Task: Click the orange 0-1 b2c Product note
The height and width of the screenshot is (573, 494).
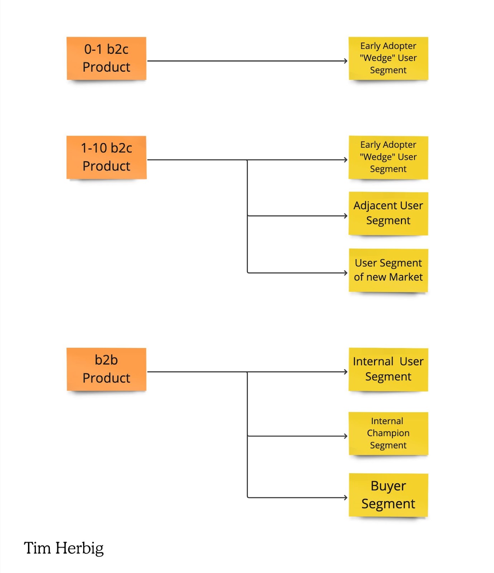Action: (106, 58)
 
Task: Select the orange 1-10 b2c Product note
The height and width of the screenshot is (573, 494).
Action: (106, 157)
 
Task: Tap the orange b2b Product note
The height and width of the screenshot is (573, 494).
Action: (106, 369)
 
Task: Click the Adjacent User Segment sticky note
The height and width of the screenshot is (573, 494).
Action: (388, 213)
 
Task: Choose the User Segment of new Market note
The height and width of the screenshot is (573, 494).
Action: (388, 270)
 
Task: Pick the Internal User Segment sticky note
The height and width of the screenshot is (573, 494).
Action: (388, 369)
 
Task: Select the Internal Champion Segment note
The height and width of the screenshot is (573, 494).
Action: (388, 433)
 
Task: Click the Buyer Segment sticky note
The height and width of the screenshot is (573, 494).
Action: (388, 495)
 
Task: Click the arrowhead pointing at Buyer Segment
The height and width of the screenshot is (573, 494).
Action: (346, 497)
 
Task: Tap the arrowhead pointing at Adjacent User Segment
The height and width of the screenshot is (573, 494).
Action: (346, 216)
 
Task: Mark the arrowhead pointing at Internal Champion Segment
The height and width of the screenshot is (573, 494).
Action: (346, 436)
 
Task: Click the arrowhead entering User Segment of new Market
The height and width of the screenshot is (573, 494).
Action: (346, 273)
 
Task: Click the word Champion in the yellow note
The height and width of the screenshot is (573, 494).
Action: (388, 433)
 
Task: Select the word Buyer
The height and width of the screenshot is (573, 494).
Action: (388, 486)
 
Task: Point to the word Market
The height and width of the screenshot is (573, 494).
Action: (406, 277)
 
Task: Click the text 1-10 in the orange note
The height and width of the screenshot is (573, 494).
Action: (94, 148)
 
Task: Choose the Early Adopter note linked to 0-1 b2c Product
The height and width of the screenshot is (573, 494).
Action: (388, 58)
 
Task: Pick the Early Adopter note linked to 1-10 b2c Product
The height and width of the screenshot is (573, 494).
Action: (388, 157)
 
